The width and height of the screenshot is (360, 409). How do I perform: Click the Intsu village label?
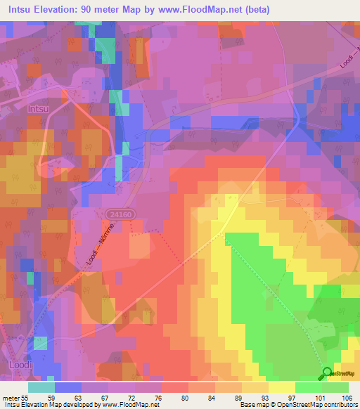pos(39,110)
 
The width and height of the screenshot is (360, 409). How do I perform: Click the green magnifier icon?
pos(327,374)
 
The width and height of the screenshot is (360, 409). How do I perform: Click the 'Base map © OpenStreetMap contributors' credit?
pos(297,405)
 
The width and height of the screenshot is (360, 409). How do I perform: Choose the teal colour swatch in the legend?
pos(41,387)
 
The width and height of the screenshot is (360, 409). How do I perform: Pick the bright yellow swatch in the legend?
pos(282,387)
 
